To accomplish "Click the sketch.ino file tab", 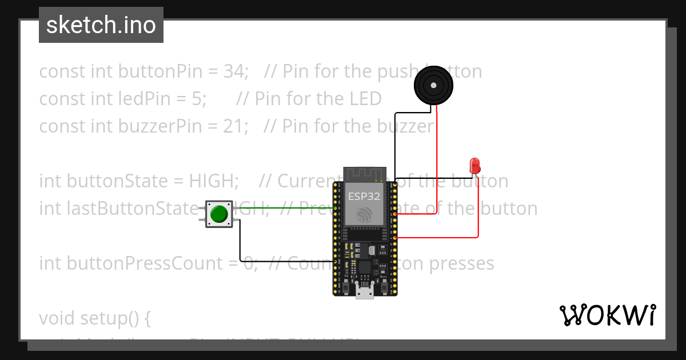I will (x=101, y=25).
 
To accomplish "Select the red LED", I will (x=474, y=166).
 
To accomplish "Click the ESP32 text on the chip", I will (x=364, y=197).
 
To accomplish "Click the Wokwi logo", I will (x=607, y=315).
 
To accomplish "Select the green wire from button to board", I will (x=283, y=208).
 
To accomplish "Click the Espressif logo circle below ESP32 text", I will (x=364, y=215).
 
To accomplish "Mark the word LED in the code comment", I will (x=365, y=99).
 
